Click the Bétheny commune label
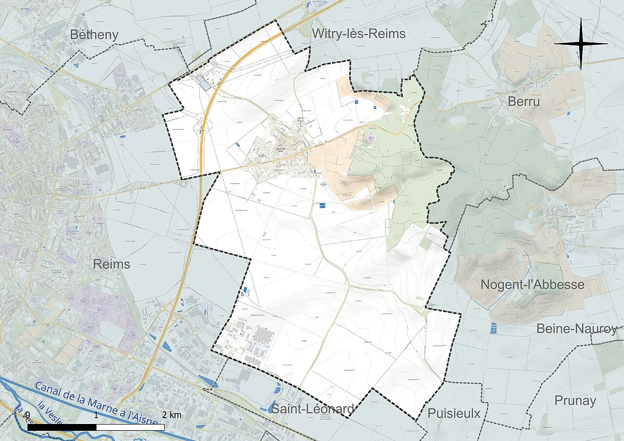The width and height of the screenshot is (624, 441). (x=94, y=34)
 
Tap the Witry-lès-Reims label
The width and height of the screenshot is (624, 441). (x=359, y=34)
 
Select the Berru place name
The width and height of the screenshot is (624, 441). (x=524, y=101)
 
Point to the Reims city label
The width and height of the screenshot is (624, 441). (x=112, y=264)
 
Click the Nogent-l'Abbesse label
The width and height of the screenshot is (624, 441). (x=532, y=284)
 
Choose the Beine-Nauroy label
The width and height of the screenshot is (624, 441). (x=577, y=328)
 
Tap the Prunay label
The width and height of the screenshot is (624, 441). (x=575, y=401)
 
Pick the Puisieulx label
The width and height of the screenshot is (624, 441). (x=454, y=413)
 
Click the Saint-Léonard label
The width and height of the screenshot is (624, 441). (x=312, y=409)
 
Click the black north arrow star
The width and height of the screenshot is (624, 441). (x=581, y=44)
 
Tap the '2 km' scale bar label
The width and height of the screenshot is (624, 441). (x=172, y=415)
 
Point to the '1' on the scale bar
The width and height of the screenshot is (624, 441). (x=96, y=415)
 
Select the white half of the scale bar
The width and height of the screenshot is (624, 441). (x=130, y=427)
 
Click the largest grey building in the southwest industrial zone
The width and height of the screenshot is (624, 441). (x=263, y=335)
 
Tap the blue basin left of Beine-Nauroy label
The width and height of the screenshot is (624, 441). (x=493, y=327)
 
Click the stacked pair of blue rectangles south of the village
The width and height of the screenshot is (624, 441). (x=322, y=205)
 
